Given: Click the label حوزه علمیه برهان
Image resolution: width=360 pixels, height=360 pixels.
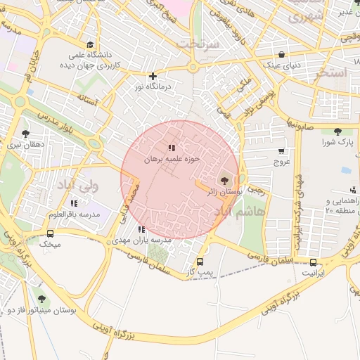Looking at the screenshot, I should point(172,160).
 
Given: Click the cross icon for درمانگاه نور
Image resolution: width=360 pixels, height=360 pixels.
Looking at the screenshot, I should point(153,76).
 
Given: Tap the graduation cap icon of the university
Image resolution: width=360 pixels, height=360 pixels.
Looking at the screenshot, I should point(89,44).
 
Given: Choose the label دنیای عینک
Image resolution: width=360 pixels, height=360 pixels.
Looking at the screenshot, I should point(281,65).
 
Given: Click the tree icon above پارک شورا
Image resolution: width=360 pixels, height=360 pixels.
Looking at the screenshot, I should point(337,131).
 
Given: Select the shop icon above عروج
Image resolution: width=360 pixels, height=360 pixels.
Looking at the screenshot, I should point(281,150).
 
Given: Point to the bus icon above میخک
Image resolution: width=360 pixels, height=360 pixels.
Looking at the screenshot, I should point(50,234).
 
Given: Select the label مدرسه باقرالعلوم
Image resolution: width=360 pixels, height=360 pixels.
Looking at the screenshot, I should point(74,214).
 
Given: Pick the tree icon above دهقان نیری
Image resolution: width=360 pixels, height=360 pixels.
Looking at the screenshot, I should point(26,133).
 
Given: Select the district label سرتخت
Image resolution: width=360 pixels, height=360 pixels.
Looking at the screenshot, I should point(199,44).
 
